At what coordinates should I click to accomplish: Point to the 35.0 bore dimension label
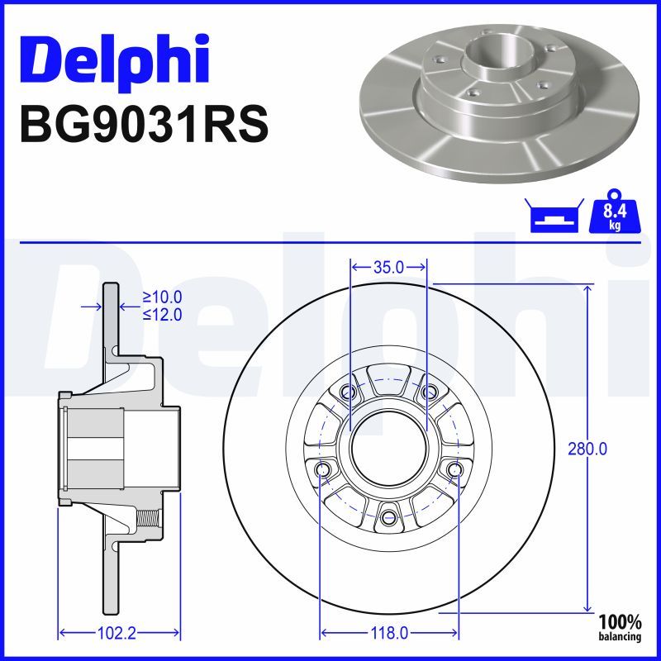pyautogui.click(x=388, y=267)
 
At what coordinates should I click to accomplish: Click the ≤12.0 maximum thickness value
pyautogui.click(x=162, y=314)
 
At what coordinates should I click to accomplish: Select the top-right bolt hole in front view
pyautogui.click(x=428, y=392)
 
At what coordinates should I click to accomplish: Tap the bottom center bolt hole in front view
pyautogui.click(x=388, y=519)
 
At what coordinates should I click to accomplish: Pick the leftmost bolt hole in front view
pyautogui.click(x=322, y=470)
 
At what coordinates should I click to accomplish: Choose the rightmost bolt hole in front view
pyautogui.click(x=454, y=470)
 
